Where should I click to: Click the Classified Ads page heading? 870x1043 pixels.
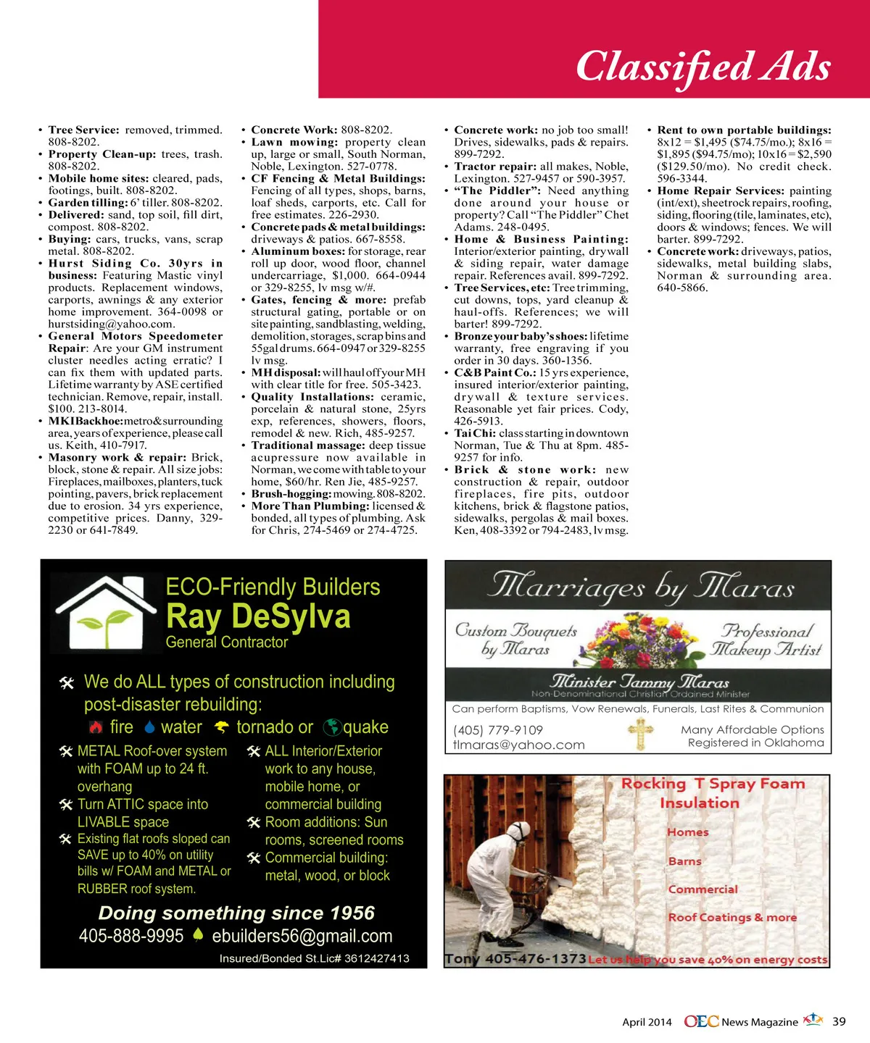(x=703, y=67)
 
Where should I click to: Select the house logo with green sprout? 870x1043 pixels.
(x=106, y=612)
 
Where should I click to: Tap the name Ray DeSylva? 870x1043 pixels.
(x=258, y=616)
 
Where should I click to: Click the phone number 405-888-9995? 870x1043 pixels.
(x=131, y=936)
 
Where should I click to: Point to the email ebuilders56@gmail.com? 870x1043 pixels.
(x=302, y=936)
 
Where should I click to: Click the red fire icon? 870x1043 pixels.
(x=95, y=727)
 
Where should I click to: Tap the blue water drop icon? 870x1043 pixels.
(x=150, y=727)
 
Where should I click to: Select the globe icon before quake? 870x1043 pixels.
(x=332, y=727)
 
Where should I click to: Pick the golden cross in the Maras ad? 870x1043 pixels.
(x=639, y=734)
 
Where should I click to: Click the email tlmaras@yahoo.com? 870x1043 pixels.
(x=518, y=745)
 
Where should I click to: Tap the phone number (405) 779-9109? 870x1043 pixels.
(x=498, y=730)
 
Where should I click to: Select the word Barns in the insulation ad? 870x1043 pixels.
(x=684, y=861)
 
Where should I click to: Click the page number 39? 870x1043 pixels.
(x=839, y=1021)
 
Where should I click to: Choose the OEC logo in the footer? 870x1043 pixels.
(x=701, y=1021)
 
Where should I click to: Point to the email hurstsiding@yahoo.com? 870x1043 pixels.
(x=111, y=324)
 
